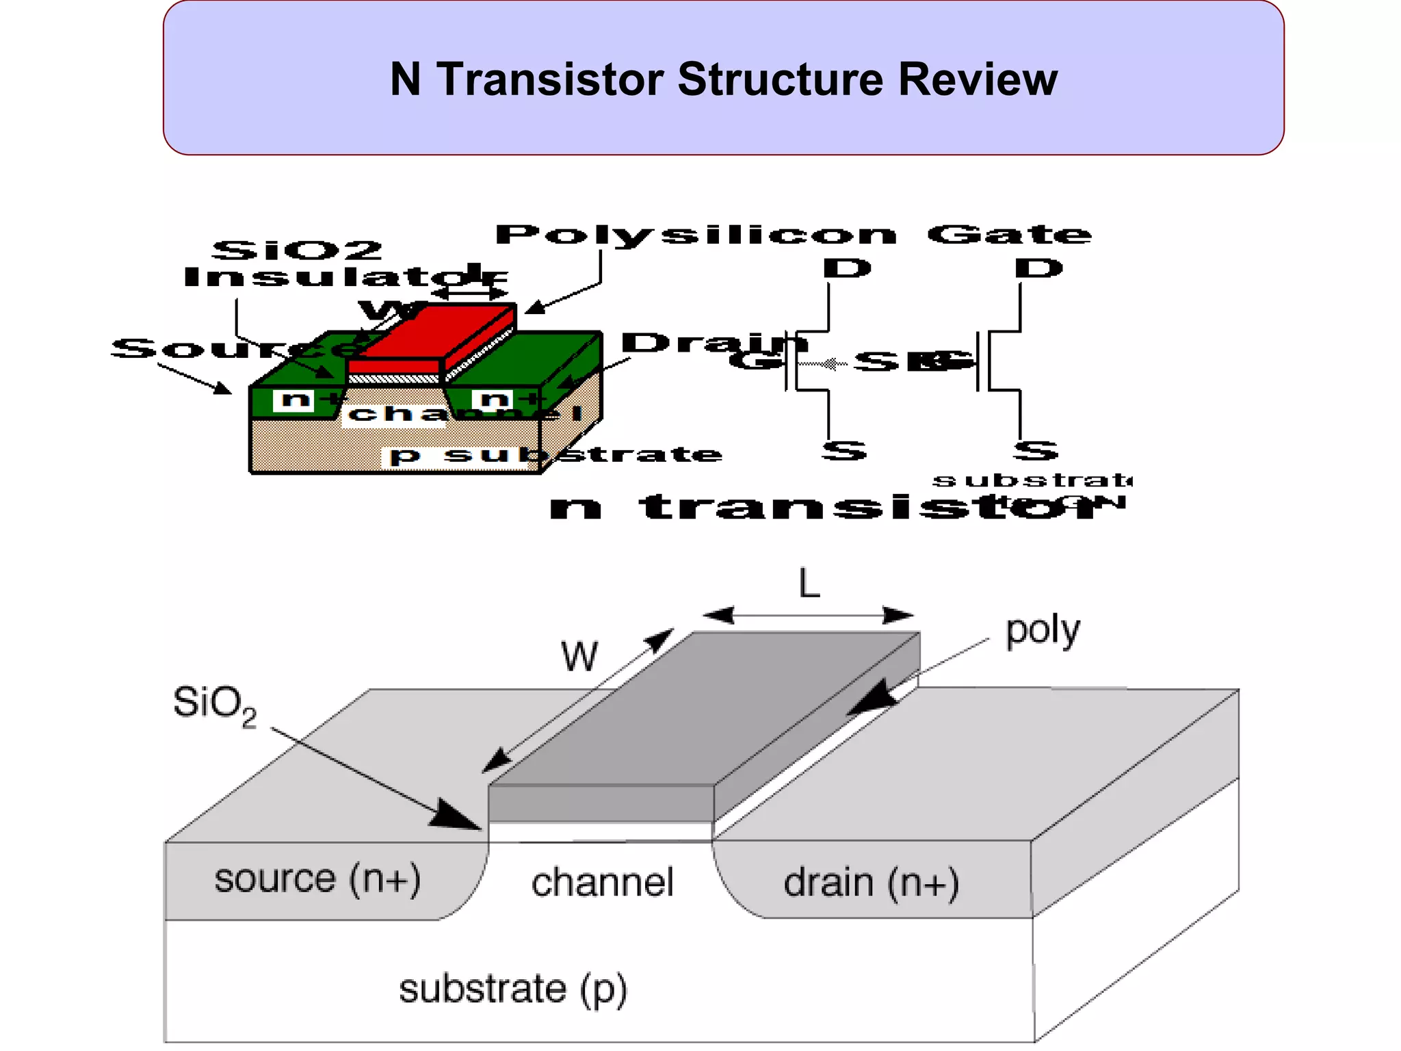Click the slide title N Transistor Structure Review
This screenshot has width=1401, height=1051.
point(723,79)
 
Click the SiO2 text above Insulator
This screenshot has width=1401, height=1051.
point(296,250)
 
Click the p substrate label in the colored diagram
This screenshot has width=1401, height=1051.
point(554,454)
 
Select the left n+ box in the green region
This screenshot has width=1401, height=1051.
point(295,399)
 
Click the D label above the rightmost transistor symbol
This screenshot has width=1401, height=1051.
point(1038,268)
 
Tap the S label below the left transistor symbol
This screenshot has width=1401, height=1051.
point(843,450)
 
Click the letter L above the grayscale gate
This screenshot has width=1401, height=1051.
point(809,584)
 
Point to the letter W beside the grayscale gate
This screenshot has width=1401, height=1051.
point(579,656)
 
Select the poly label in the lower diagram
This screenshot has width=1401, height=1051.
point(1042,631)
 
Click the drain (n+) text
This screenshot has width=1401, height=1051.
point(871,883)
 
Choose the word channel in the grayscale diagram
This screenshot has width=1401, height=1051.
point(602,883)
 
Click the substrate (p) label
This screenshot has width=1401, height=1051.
point(512,989)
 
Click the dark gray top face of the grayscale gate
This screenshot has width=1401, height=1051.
point(705,708)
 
